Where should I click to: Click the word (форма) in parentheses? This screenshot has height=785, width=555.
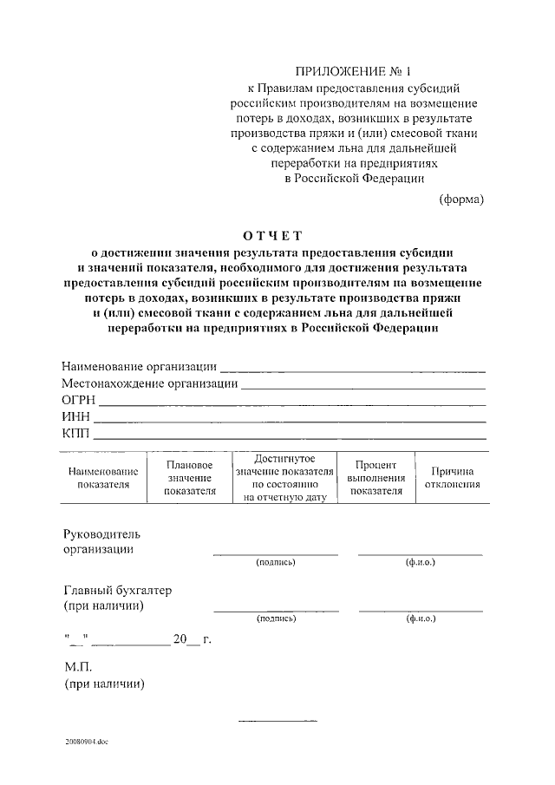(460, 199)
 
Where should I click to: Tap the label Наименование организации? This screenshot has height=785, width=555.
(139, 366)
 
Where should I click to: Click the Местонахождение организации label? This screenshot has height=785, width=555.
(149, 383)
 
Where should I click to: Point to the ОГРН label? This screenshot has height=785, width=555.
(77, 400)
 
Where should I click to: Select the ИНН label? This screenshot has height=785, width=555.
(76, 416)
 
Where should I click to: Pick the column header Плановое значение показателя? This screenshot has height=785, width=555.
(189, 477)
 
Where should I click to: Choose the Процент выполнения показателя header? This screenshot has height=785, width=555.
(375, 477)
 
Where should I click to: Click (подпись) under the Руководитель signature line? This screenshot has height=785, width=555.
(276, 563)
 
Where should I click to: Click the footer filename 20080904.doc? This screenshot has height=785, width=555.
(87, 742)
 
